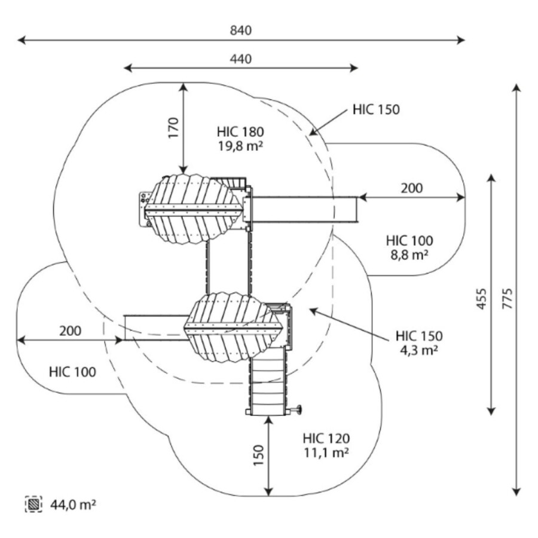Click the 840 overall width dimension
tap(241, 30)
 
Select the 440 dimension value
tap(241, 59)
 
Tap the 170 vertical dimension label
tap(173, 128)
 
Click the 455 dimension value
tap(482, 298)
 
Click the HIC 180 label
tap(241, 132)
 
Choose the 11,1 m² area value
tap(326, 452)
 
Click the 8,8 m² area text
tap(409, 255)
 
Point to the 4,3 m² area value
tap(419, 350)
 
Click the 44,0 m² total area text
tap(74, 505)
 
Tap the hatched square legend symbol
tap(33, 505)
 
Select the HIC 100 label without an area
tap(72, 372)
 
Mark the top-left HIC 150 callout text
tap(376, 109)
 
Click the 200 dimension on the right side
tap(411, 188)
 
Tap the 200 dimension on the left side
tap(71, 331)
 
